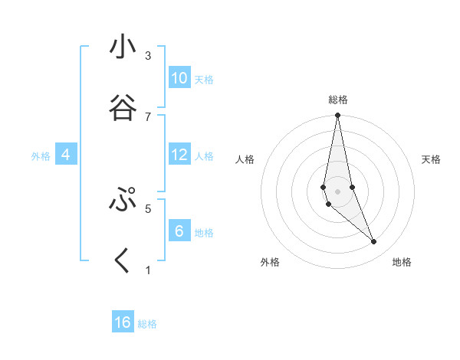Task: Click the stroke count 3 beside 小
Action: pos(148,56)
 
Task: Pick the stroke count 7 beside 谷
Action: pos(148,116)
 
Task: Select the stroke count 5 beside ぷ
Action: pos(148,208)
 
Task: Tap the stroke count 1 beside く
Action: pos(148,270)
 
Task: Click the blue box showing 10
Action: pos(179,78)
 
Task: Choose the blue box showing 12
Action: pos(179,155)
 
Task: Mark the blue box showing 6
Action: pos(179,231)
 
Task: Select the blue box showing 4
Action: pos(66,155)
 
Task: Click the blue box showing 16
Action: pos(123,322)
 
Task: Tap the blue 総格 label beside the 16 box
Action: pos(147,324)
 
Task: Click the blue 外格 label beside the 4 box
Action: pos(41,156)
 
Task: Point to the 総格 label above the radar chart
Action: pos(338,100)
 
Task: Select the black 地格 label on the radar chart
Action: pos(402,263)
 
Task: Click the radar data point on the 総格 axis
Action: pos(337,116)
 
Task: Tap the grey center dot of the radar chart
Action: pos(337,191)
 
